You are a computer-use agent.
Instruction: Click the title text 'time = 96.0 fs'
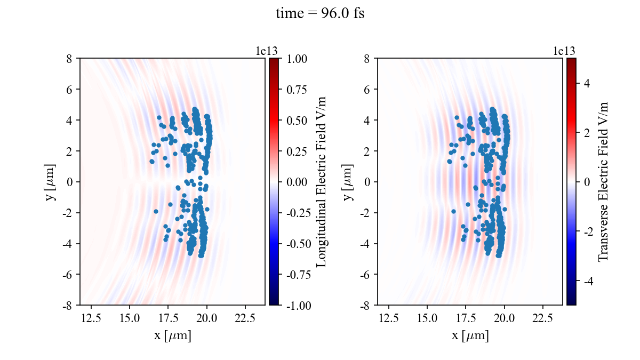pos(320,14)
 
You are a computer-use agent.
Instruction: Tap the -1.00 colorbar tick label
pos(298,305)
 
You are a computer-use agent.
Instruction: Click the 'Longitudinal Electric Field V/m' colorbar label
pos(322,181)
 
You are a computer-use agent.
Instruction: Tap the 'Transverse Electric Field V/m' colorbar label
pos(603,181)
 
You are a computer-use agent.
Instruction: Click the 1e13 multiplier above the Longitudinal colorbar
pos(266,51)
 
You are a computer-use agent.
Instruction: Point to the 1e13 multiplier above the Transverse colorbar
pos(564,51)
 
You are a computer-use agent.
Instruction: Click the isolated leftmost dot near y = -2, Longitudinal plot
pos(156,211)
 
